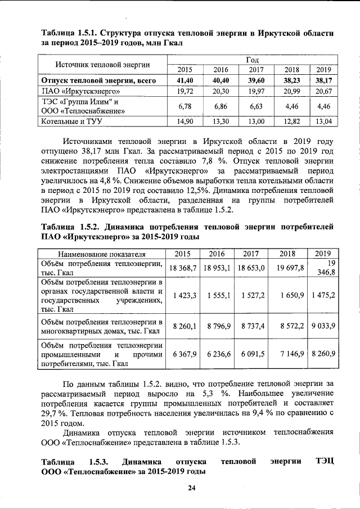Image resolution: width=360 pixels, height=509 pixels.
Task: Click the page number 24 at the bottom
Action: (x=191, y=487)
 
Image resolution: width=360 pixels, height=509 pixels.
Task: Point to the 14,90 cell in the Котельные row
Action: (x=184, y=121)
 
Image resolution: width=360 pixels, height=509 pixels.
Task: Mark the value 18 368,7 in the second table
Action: (x=183, y=268)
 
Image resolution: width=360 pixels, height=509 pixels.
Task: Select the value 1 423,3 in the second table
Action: (x=184, y=294)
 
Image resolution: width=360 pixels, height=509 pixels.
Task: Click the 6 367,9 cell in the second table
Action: (x=184, y=353)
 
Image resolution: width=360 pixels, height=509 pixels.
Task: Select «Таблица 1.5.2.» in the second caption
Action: (x=70, y=227)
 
